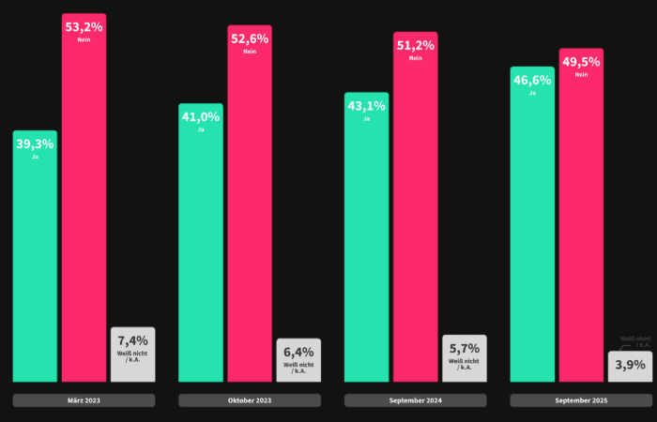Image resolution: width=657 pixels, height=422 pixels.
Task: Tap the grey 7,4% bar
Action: coord(132,356)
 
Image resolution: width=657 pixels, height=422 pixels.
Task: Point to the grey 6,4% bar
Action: coord(298,361)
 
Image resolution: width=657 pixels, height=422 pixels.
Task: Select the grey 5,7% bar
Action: coord(464,359)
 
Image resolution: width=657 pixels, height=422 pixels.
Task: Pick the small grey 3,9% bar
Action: coord(630,367)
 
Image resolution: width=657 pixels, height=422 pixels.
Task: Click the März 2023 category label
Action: coord(84,400)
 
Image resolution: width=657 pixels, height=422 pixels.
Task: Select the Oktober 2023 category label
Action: coord(250,400)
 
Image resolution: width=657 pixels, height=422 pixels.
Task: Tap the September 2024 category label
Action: coord(415,400)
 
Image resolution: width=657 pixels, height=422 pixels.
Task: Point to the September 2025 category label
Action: coord(581,400)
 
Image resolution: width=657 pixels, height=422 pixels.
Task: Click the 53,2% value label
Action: coord(84,26)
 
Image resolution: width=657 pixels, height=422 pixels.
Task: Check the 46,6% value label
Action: coord(532,80)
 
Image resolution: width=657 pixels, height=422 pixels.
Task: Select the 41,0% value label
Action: coord(201,116)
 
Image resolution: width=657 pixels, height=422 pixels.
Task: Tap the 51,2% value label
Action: coord(415,44)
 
